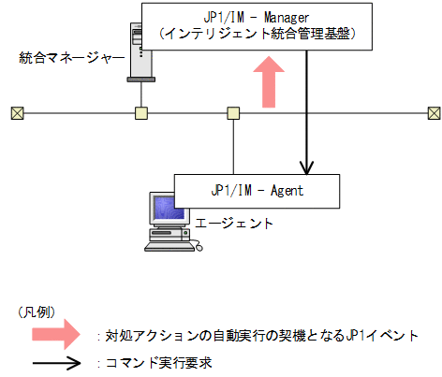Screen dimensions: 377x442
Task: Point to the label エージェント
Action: click(x=235, y=224)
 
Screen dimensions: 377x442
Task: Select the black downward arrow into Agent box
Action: click(x=307, y=122)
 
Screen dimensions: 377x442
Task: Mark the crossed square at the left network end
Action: click(x=17, y=113)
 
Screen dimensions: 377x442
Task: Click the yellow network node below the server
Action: click(x=140, y=113)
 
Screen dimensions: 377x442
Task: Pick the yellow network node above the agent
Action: click(x=233, y=113)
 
